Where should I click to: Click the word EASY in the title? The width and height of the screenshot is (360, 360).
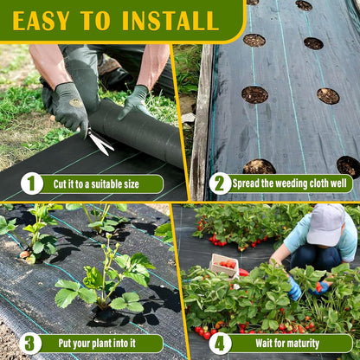coord(42,21)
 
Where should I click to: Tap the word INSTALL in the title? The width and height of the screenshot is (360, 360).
coord(170,21)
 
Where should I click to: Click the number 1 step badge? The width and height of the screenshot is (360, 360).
coord(32,183)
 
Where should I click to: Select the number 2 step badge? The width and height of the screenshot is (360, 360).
coord(220,183)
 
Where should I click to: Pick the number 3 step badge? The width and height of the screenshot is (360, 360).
coord(30,344)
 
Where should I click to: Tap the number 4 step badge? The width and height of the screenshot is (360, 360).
coord(220,344)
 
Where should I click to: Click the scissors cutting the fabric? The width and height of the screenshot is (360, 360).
coord(100,140)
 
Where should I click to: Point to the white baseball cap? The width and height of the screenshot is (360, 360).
coord(326,225)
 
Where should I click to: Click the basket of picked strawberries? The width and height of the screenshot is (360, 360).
coord(225,266)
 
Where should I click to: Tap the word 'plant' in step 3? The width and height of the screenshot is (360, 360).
coord(102,344)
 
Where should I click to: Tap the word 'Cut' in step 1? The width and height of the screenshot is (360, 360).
coord(60,184)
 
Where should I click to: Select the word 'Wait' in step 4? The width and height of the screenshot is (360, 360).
coord(264,344)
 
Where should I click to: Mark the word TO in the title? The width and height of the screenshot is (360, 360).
coord(95,21)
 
